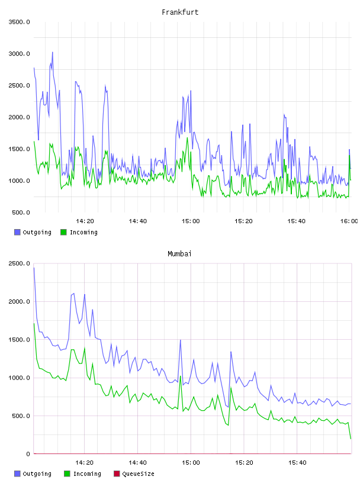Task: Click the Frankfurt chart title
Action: click(180, 12)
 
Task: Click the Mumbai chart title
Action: click(179, 254)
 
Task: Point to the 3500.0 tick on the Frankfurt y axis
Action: click(20, 22)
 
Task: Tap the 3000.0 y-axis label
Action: click(20, 54)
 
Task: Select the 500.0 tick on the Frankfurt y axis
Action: click(21, 212)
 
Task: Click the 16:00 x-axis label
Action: click(349, 221)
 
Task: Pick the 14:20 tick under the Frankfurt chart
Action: click(85, 221)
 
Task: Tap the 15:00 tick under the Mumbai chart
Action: click(191, 462)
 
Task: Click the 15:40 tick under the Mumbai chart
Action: click(297, 462)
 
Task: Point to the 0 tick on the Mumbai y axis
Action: click(28, 454)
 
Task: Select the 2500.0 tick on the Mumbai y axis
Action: click(20, 263)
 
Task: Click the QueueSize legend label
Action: click(138, 474)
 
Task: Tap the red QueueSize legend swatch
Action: click(117, 474)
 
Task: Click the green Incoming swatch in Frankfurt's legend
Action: click(63, 232)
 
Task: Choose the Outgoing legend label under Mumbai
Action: click(37, 474)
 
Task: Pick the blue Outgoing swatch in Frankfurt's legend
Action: click(17, 232)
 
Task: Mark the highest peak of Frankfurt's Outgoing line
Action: click(52, 52)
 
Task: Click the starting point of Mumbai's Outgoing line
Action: click(34, 268)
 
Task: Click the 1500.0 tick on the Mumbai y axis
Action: click(20, 339)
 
